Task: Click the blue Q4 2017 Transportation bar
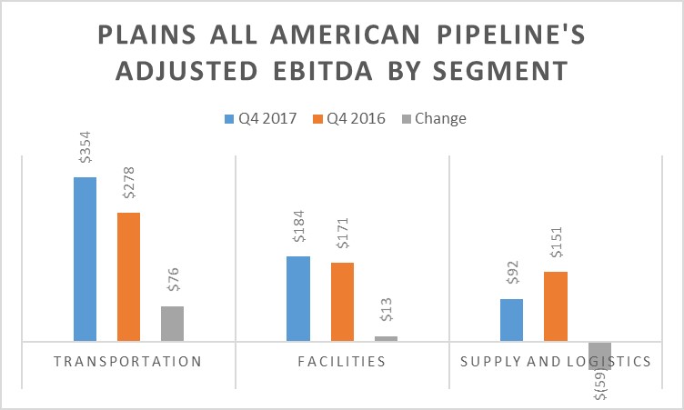click(x=85, y=259)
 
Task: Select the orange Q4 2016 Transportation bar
click(x=128, y=276)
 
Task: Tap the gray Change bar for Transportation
click(x=172, y=324)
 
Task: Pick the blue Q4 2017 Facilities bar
click(x=298, y=298)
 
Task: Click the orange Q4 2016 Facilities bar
click(x=342, y=302)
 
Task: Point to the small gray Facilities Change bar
click(x=386, y=338)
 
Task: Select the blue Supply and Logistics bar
click(x=511, y=320)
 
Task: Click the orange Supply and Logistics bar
click(x=556, y=306)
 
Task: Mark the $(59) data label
click(x=600, y=385)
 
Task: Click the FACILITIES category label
click(x=342, y=361)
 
